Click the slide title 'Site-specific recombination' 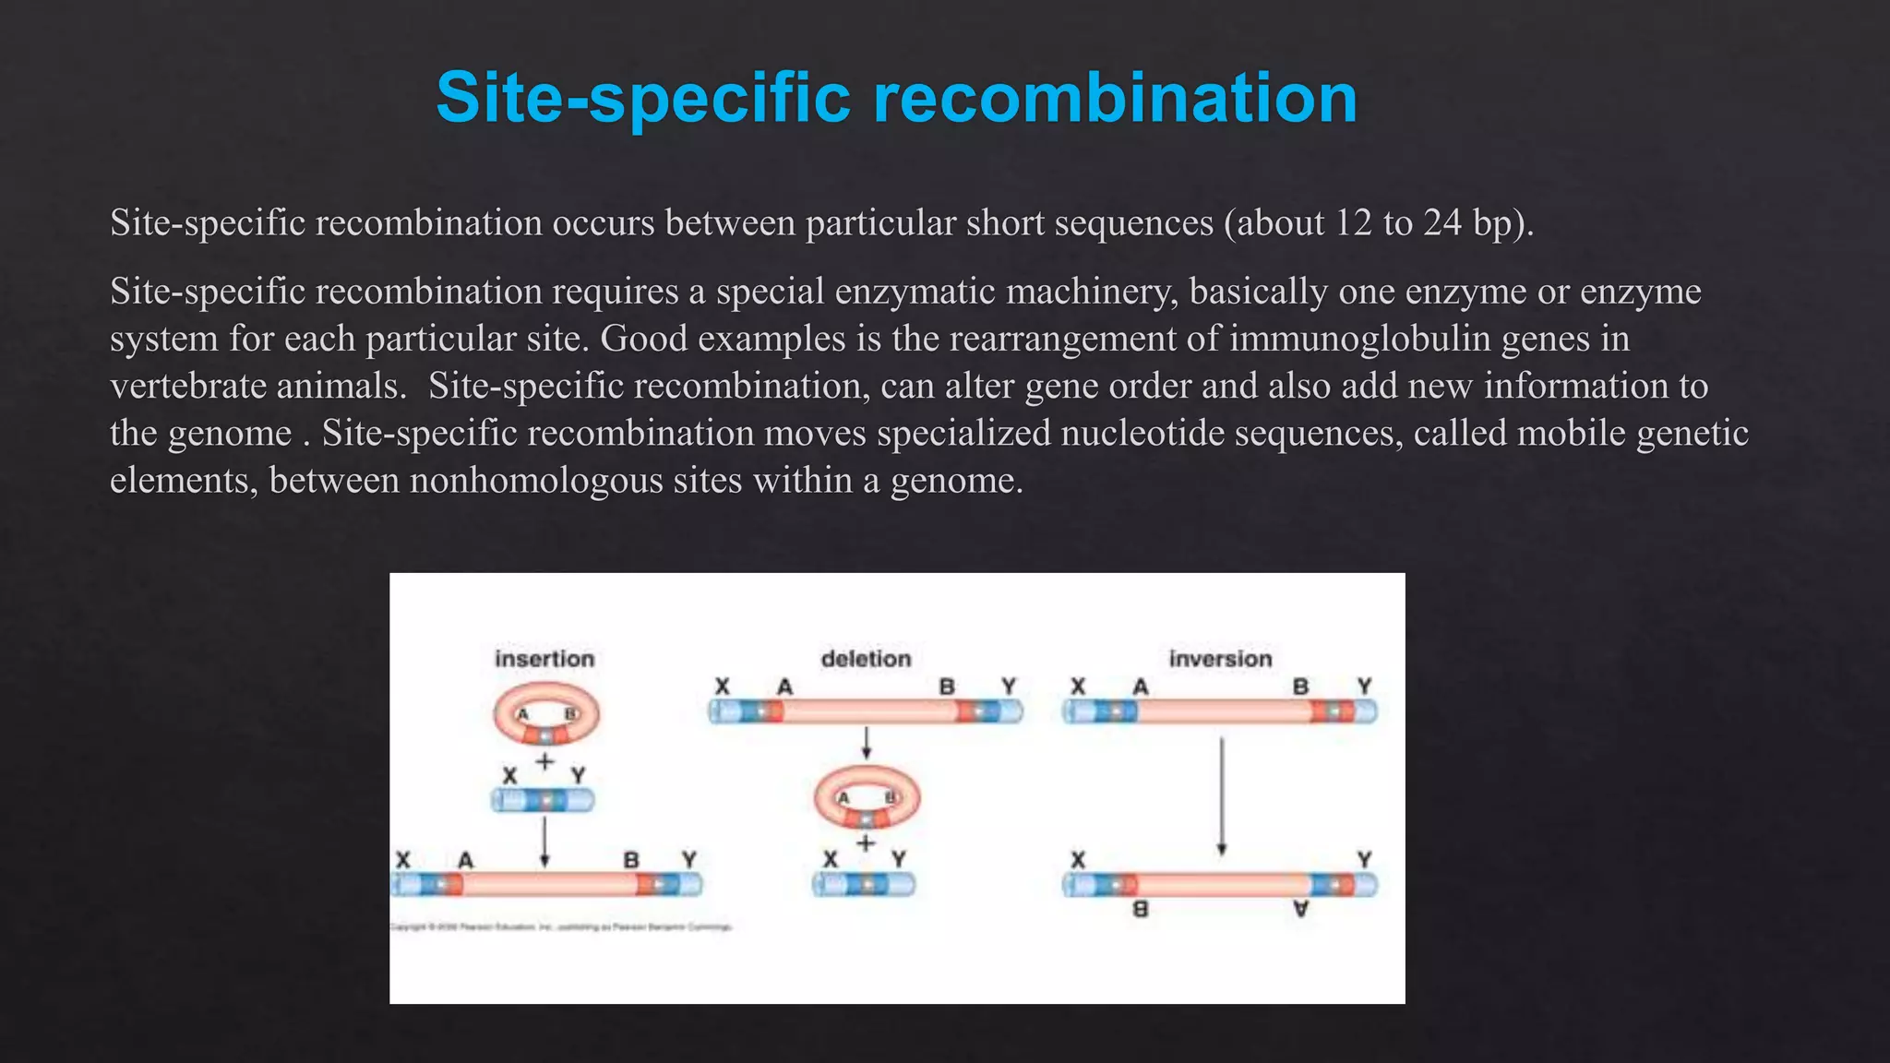point(896,98)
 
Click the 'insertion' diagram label point(544,659)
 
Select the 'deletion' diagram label point(866,659)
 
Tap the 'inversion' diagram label point(1220,659)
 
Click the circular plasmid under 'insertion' point(546,714)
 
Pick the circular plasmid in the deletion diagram point(867,798)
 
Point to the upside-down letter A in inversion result point(1300,910)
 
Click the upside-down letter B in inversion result point(1141,910)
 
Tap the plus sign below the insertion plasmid point(544,761)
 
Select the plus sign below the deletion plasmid point(865,842)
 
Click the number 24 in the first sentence point(1442,223)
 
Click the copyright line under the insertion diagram point(561,926)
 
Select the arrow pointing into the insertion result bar point(544,842)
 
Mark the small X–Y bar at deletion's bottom point(864,884)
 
